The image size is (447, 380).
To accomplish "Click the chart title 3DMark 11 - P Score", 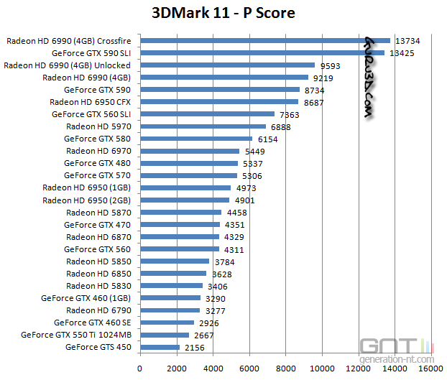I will click(x=223, y=13).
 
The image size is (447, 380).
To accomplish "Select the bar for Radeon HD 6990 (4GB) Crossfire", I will click(x=265, y=41).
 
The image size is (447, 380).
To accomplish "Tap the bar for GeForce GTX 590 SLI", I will click(x=262, y=53).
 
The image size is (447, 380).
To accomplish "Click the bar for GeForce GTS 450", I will click(x=160, y=347).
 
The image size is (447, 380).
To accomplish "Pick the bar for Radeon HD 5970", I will click(x=203, y=126).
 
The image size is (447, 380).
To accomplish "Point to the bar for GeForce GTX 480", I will click(x=189, y=163).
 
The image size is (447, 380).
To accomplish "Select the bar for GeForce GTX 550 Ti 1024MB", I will click(x=165, y=335).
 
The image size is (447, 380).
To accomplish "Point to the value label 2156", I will click(x=194, y=347).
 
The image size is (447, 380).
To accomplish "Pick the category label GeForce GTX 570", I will click(x=97, y=175).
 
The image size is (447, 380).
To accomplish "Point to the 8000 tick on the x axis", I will click(x=286, y=369).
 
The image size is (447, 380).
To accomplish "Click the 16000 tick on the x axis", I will click(x=431, y=369).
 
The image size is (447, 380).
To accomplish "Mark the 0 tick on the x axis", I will click(x=140, y=369).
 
